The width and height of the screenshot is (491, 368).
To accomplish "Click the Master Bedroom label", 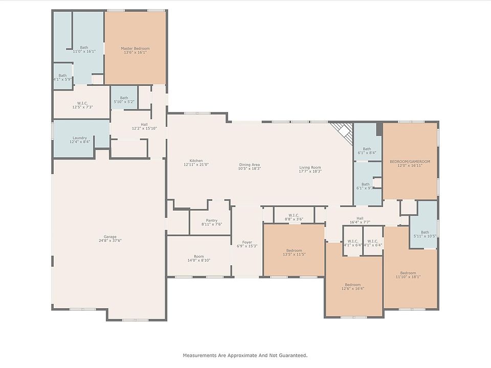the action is (135, 49).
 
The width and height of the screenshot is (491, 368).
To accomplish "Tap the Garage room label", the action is (110, 237).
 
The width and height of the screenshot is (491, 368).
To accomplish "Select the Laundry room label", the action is (80, 138).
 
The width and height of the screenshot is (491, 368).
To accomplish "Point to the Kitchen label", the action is (196, 160).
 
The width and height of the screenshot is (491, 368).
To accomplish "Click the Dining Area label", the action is (249, 165).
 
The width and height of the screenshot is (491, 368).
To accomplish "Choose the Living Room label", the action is (310, 168).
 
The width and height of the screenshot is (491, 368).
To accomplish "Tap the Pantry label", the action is (212, 220).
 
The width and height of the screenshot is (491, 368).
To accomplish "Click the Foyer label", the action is (247, 242).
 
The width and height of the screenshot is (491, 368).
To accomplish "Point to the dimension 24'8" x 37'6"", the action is (110, 241).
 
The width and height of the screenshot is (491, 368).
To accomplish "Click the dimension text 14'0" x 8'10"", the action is (199, 260).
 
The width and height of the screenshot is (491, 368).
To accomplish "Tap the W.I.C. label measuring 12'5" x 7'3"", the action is (82, 103).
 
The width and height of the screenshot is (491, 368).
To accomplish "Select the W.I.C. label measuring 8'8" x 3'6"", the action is (294, 215).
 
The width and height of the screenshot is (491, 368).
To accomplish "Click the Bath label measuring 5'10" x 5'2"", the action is (124, 98).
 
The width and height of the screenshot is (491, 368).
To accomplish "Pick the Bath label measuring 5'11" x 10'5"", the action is (425, 232).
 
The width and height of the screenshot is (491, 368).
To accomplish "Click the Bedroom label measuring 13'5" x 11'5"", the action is (294, 250).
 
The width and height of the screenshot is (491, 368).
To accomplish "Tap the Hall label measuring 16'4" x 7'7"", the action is (360, 218).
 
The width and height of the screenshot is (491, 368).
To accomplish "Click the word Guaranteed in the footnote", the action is (293, 355).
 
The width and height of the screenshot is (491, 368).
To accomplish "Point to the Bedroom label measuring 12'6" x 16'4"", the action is (352, 285).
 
